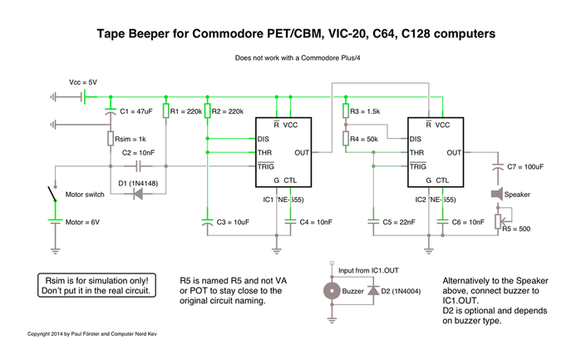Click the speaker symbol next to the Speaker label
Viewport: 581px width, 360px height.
coord(497,194)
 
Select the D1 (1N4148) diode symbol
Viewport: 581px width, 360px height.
coord(138,194)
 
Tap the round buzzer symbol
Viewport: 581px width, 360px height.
coord(332,291)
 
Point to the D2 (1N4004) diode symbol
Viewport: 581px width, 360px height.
coord(373,290)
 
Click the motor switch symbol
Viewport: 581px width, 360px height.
coord(52,194)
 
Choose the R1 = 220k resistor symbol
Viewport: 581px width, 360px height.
coord(166,111)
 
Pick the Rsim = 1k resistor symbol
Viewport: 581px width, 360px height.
coord(111,138)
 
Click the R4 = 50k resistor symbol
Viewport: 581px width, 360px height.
coord(346,139)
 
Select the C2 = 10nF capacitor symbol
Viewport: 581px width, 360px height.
coord(138,166)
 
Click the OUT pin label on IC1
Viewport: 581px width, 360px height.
coord(302,153)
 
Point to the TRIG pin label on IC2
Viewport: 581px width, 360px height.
coord(418,166)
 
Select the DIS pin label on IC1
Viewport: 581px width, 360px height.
coord(263,139)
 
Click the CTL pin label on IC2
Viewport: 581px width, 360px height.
coord(442,180)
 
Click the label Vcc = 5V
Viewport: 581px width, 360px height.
coord(83,82)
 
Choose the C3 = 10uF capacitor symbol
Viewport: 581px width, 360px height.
coord(208,222)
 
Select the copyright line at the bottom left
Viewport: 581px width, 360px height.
coord(92,334)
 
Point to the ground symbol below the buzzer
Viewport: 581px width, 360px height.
coord(332,319)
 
